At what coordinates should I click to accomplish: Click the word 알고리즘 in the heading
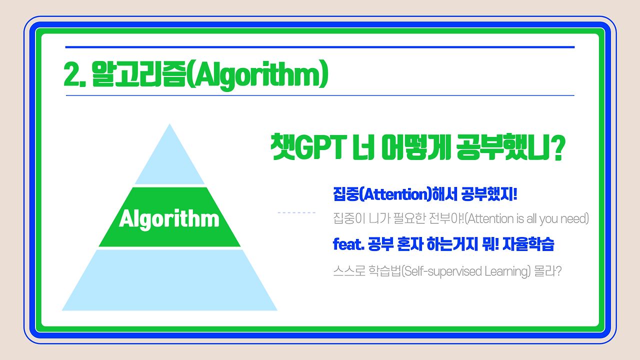(x=139, y=74)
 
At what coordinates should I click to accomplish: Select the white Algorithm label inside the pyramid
(x=169, y=219)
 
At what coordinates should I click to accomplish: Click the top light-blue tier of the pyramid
(x=169, y=160)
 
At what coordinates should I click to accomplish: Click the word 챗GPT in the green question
(x=308, y=147)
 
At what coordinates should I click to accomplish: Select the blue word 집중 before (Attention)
(x=345, y=194)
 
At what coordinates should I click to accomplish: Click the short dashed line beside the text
(x=296, y=212)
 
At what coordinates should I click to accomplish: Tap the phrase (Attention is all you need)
(x=527, y=219)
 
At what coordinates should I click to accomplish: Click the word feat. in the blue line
(x=348, y=244)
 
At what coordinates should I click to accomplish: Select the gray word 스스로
(x=349, y=271)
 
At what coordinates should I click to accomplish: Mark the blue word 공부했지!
(x=489, y=194)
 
